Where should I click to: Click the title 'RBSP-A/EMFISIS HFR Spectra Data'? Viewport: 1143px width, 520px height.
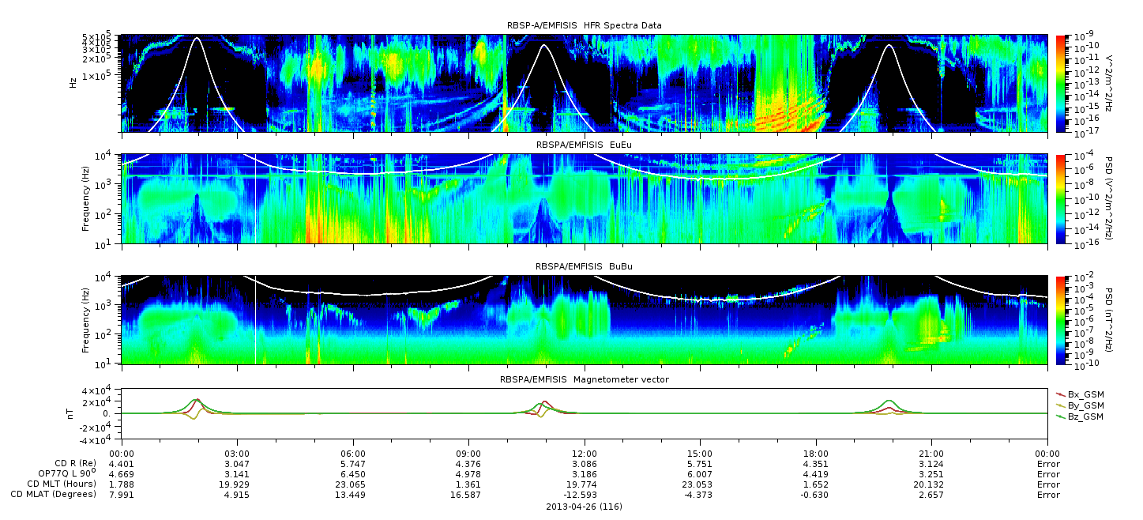click(x=584, y=25)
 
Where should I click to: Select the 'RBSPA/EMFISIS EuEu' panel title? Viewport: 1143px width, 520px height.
click(x=584, y=145)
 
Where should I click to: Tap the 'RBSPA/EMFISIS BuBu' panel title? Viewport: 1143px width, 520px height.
click(x=584, y=266)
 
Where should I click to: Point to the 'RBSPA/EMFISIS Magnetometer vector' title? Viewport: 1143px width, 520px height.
click(x=585, y=379)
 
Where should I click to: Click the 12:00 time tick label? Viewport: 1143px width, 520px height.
click(x=585, y=454)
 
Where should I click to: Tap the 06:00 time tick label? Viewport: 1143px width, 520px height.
click(x=352, y=454)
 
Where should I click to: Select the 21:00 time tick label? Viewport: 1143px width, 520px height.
click(x=931, y=454)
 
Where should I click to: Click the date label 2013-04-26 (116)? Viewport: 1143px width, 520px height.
click(x=585, y=507)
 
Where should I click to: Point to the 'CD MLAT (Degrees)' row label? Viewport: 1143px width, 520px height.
click(x=54, y=495)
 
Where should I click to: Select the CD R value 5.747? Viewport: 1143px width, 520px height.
click(x=352, y=465)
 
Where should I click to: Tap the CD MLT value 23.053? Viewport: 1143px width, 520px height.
click(x=700, y=484)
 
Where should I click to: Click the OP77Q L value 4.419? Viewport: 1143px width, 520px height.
click(x=816, y=475)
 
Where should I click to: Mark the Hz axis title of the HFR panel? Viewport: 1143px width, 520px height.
click(x=73, y=83)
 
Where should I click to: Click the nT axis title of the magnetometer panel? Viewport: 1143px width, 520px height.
click(x=70, y=414)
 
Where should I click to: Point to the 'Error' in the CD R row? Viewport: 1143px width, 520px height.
click(x=1048, y=465)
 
